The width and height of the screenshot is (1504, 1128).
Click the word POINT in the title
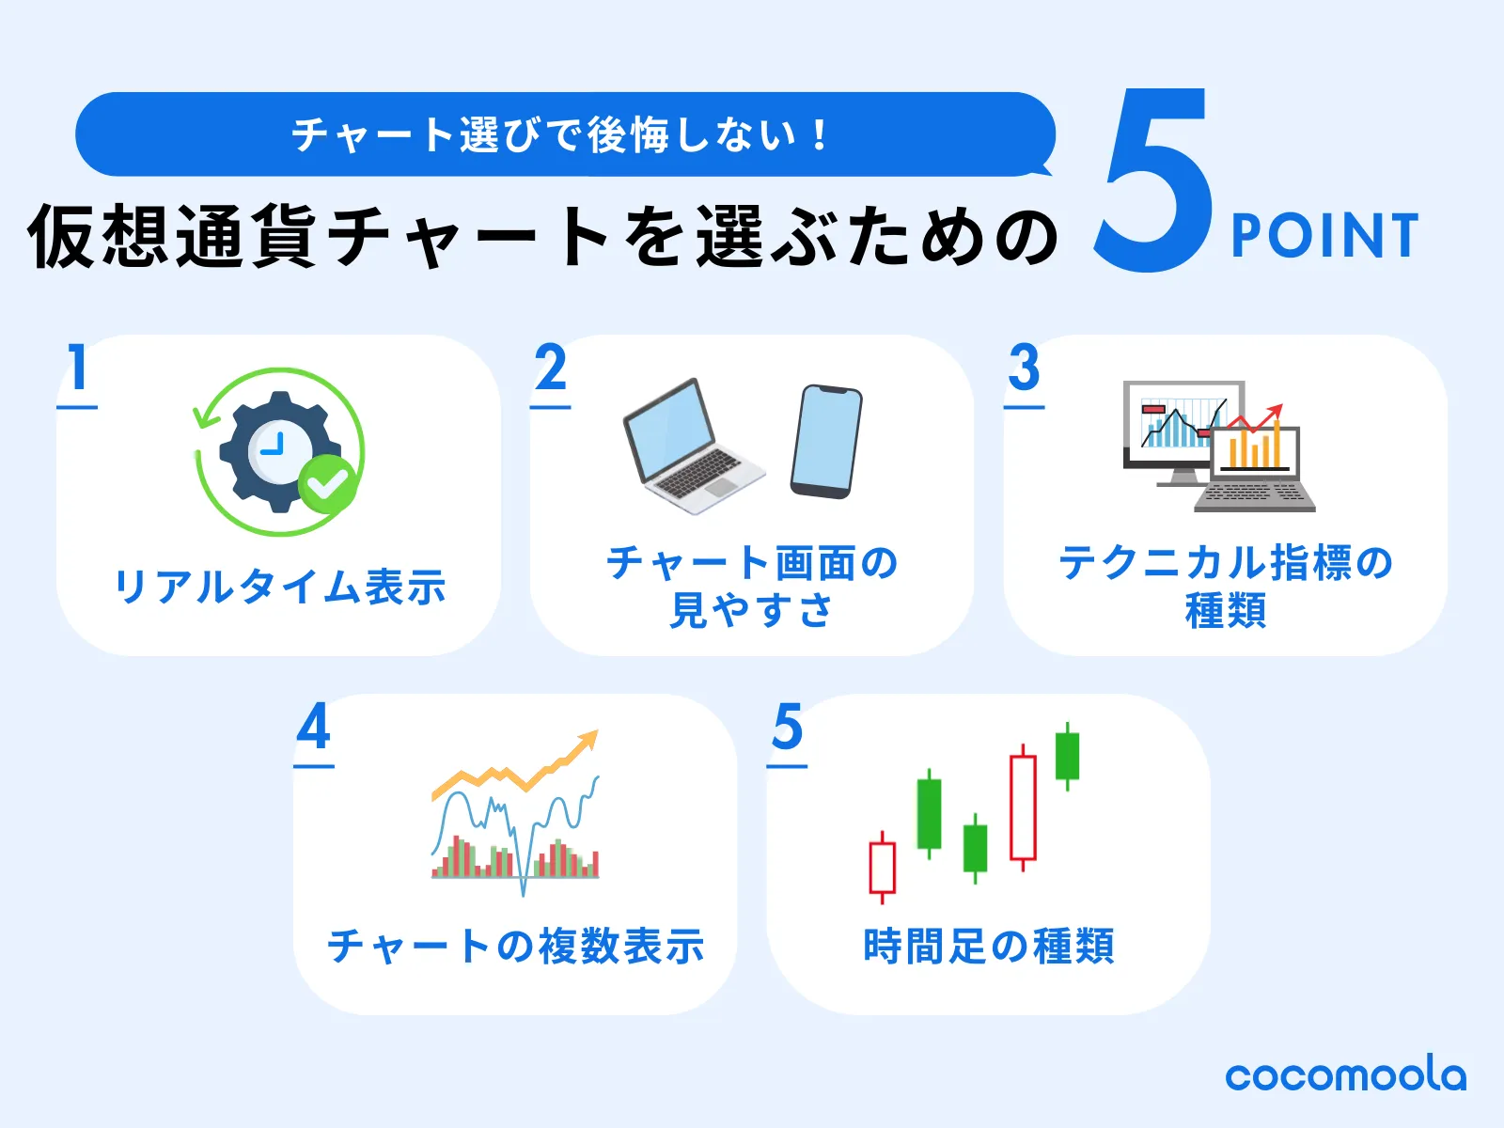coord(1324,236)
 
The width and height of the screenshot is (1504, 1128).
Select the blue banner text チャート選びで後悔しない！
coord(561,134)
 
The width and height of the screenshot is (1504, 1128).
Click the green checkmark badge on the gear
coord(327,483)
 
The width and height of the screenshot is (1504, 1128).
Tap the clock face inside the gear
coord(273,448)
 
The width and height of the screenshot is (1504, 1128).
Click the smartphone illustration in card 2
coord(826,441)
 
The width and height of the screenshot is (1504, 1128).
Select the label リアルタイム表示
coord(279,587)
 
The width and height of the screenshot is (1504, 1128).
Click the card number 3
coord(1024,368)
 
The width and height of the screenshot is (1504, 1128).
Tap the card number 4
coord(314,727)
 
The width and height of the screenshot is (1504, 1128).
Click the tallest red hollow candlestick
coord(1023,807)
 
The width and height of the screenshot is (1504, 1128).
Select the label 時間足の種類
coord(989,946)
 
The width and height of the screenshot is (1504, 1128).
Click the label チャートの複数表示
coord(516,946)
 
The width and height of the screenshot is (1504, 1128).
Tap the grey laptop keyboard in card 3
coord(1254,495)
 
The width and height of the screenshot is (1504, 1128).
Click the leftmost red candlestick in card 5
coord(882,867)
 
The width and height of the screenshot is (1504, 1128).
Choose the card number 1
coord(78,368)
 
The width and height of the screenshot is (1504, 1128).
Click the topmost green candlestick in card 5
coord(1067,756)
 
